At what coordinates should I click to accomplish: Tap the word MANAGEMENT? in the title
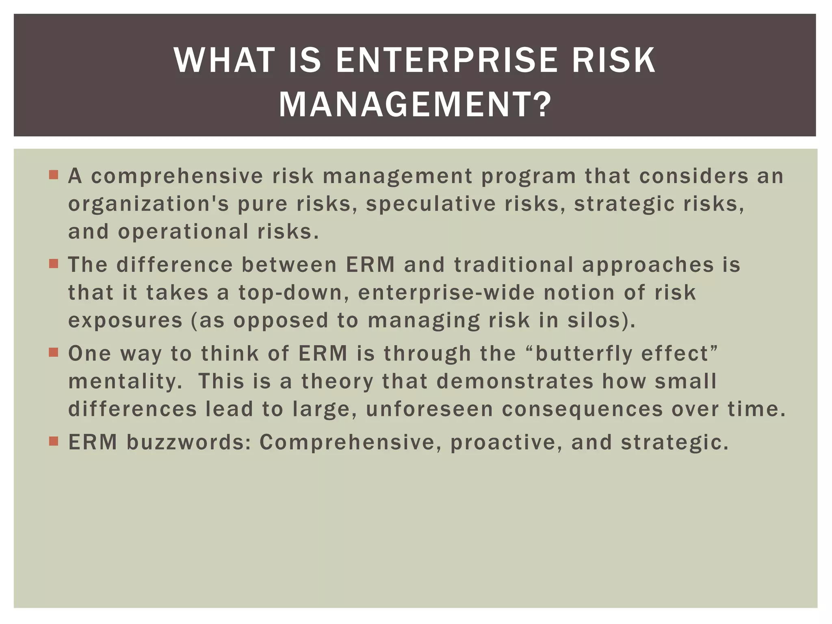point(415,105)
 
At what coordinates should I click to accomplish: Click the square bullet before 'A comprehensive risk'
point(54,175)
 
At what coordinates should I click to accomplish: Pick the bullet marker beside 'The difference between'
point(54,264)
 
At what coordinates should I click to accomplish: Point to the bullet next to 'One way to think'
point(54,352)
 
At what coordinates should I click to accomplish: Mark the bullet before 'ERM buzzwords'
point(54,441)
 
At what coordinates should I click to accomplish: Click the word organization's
point(149,204)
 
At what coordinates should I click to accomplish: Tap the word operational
point(183,232)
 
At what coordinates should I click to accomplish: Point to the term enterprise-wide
point(446,293)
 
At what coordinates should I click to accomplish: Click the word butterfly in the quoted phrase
point(583,353)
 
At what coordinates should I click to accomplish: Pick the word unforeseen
point(429,409)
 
